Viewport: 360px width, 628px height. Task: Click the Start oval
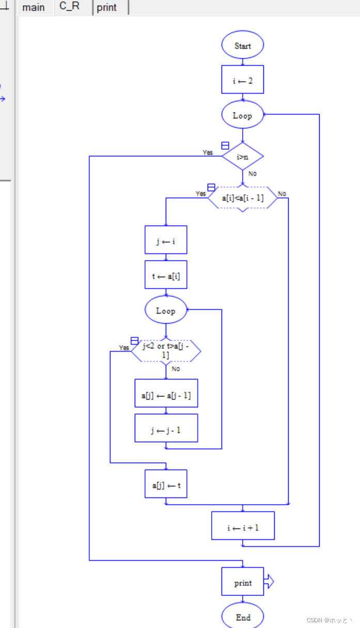tap(242, 45)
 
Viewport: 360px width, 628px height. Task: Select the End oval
tap(242, 617)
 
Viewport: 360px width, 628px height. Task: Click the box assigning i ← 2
tap(242, 80)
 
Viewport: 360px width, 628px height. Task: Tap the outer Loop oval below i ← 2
tap(242, 115)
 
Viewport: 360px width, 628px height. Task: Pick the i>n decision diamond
tap(242, 156)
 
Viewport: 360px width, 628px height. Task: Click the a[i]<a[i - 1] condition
tap(242, 198)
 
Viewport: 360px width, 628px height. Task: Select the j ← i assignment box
tap(166, 240)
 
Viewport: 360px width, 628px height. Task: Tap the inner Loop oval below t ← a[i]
tap(166, 310)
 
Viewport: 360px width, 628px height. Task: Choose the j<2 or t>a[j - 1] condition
tap(166, 351)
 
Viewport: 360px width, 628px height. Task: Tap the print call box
tap(242, 582)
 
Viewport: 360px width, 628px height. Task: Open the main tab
tap(34, 8)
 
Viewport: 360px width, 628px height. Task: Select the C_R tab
tap(70, 7)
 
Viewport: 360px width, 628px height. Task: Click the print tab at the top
tap(107, 8)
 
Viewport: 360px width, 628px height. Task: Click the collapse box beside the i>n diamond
tap(225, 146)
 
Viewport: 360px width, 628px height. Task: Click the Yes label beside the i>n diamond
tap(208, 153)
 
